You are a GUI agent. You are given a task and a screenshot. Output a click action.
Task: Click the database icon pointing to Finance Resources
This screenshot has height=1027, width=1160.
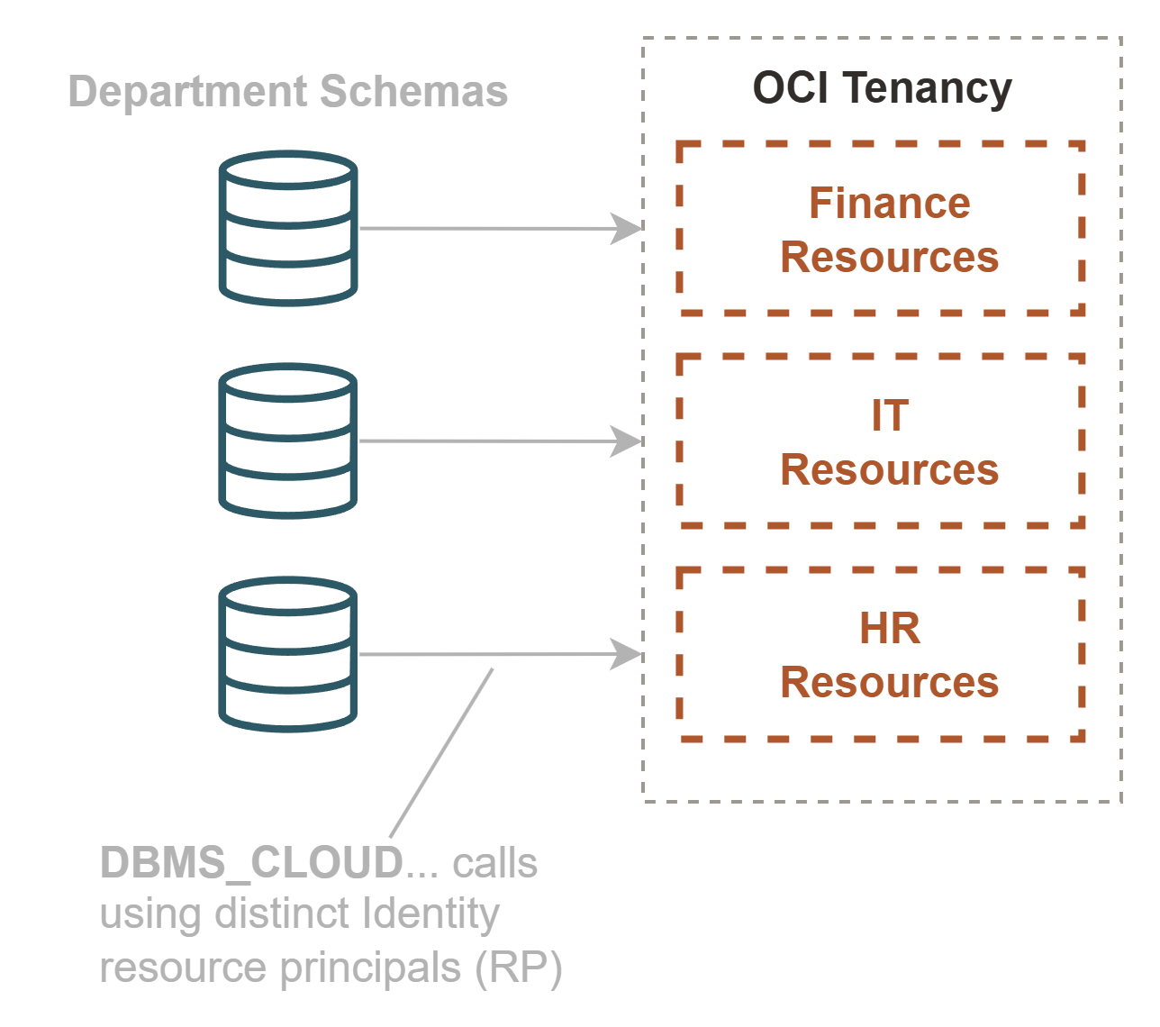tap(288, 228)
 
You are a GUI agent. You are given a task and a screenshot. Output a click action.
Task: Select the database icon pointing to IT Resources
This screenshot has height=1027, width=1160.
tap(288, 441)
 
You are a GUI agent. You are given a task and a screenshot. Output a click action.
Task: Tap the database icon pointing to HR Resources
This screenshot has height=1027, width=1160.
tap(288, 654)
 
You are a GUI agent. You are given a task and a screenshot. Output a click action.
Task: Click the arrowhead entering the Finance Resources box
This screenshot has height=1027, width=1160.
tap(626, 229)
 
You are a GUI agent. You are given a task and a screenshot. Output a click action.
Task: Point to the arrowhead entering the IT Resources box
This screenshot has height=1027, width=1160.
tap(626, 441)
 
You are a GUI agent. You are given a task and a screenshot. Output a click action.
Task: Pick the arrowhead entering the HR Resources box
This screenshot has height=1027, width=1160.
tap(626, 654)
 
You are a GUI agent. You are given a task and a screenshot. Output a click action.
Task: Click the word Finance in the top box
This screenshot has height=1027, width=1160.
tap(889, 204)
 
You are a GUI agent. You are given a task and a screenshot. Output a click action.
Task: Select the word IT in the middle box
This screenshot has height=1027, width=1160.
tap(889, 416)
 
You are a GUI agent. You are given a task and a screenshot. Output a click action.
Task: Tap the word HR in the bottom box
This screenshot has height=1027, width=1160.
tap(889, 629)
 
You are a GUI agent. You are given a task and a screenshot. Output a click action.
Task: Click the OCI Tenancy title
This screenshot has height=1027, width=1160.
tap(882, 89)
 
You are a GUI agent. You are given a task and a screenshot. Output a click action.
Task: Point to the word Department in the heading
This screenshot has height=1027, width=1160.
tap(187, 93)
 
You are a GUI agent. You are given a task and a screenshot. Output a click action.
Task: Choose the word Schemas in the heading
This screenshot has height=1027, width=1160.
tap(413, 93)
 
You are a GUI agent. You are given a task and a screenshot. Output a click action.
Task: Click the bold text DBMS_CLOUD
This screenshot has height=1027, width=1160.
tap(251, 863)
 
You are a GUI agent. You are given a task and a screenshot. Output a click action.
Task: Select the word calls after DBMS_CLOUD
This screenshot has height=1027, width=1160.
tap(495, 863)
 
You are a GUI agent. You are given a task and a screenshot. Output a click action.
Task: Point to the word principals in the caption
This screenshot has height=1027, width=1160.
tap(368, 969)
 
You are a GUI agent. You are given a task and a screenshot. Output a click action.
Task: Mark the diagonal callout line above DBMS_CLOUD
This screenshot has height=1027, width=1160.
tap(441, 753)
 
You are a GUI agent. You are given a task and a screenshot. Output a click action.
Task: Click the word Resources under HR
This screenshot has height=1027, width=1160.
tap(889, 683)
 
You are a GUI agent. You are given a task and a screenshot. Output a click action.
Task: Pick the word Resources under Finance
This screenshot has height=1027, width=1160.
tap(889, 258)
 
